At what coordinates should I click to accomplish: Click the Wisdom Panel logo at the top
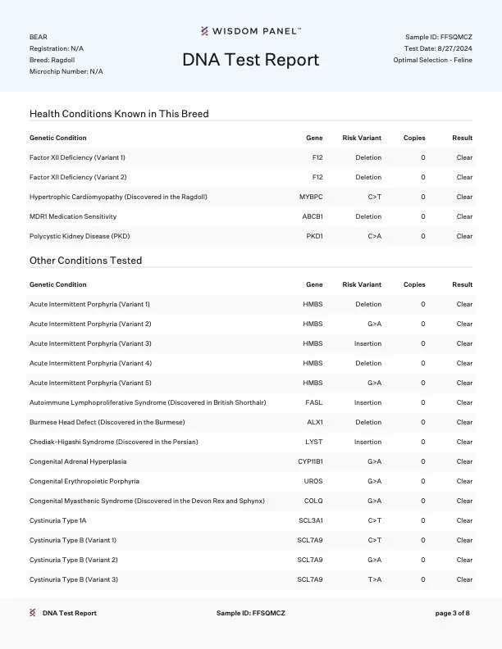[251, 31]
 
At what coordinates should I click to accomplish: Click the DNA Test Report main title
[250, 60]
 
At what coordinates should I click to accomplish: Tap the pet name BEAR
[38, 37]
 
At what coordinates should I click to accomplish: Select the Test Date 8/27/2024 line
[438, 48]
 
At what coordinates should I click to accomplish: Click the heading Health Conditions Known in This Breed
[119, 114]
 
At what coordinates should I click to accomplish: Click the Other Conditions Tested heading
[85, 261]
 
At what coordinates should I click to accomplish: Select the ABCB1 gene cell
[313, 216]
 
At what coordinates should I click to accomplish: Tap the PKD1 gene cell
[314, 236]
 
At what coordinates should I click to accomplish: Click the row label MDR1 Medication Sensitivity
[73, 216]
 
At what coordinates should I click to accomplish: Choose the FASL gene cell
[314, 402]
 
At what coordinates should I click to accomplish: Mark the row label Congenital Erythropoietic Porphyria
[84, 481]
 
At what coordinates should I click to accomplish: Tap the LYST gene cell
[314, 442]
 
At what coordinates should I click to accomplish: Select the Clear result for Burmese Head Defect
[464, 422]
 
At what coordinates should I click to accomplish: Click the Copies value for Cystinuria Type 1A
[423, 520]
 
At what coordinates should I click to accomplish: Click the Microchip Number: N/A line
[66, 71]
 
